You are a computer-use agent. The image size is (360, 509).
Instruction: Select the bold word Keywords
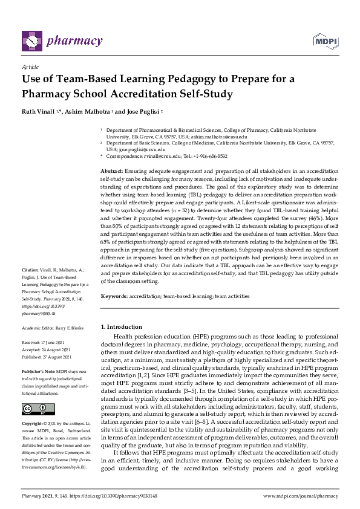(x=113, y=297)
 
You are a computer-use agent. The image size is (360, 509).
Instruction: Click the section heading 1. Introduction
(x=121, y=327)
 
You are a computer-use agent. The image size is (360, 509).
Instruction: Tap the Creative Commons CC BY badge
(x=38, y=408)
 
